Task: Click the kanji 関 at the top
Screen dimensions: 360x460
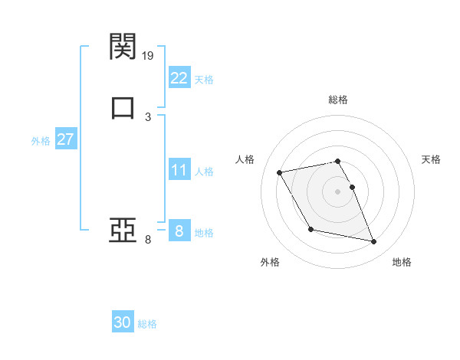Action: [123, 47]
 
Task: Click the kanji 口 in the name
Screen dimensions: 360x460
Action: [123, 106]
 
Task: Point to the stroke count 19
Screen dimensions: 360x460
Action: [149, 55]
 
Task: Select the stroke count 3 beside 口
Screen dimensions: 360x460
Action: [148, 116]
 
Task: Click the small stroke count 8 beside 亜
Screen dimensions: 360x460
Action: [148, 240]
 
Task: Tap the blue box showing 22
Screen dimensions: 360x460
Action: [179, 78]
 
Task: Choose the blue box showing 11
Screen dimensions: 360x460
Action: [179, 170]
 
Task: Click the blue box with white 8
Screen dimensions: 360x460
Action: [179, 231]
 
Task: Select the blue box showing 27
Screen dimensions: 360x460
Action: [65, 139]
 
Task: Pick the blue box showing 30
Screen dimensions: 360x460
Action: [123, 322]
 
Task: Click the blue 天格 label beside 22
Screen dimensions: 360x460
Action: [204, 80]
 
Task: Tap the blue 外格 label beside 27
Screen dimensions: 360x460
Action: [41, 141]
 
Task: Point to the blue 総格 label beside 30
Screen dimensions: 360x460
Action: [147, 324]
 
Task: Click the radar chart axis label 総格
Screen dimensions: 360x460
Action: [337, 100]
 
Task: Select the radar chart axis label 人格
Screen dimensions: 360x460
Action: [245, 159]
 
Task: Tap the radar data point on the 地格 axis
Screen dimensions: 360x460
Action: [374, 242]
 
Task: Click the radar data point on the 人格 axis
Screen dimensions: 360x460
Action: [280, 172]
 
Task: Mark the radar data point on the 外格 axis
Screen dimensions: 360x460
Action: [310, 229]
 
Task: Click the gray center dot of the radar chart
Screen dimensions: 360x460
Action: [337, 191]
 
